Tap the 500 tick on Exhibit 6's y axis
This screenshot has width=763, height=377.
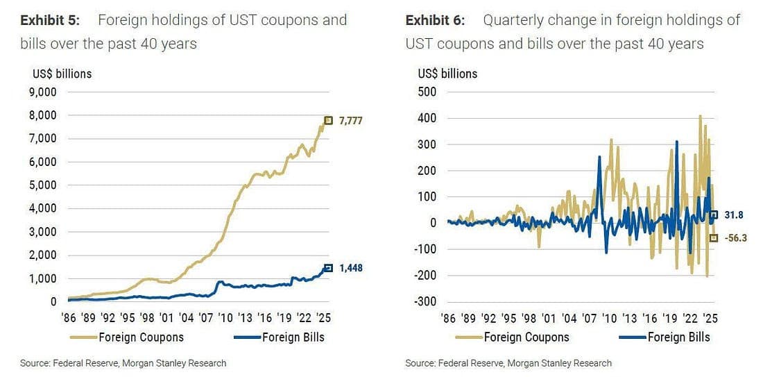pyautogui.click(x=427, y=92)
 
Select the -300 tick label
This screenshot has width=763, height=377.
pyautogui.click(x=425, y=301)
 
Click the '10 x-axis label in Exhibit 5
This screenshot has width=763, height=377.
pyautogui.click(x=225, y=319)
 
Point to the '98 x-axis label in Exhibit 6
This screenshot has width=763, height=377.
pyautogui.click(x=528, y=319)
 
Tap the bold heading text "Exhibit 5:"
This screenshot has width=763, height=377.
pyautogui.click(x=50, y=20)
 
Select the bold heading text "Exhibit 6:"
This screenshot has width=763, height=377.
pyautogui.click(x=436, y=20)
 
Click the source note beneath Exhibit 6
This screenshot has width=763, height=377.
pyautogui.click(x=508, y=363)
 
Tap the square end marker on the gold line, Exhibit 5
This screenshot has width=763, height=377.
pyautogui.click(x=329, y=120)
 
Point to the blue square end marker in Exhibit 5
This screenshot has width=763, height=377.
pyautogui.click(x=329, y=268)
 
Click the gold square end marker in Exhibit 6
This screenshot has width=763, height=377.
pyautogui.click(x=714, y=237)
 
